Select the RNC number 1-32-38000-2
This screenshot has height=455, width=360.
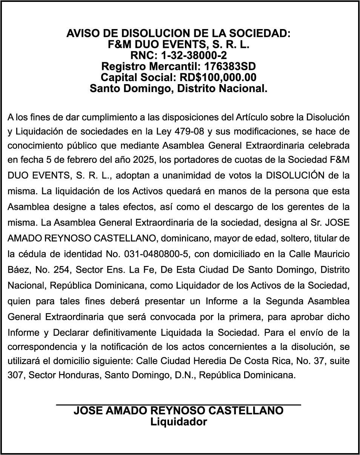click(194, 56)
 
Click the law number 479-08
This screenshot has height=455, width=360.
click(190, 132)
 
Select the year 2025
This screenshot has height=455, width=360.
click(144, 160)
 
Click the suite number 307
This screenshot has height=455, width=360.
click(15, 376)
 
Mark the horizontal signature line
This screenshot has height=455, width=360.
click(178, 405)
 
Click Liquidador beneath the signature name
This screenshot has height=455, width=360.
click(178, 422)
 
